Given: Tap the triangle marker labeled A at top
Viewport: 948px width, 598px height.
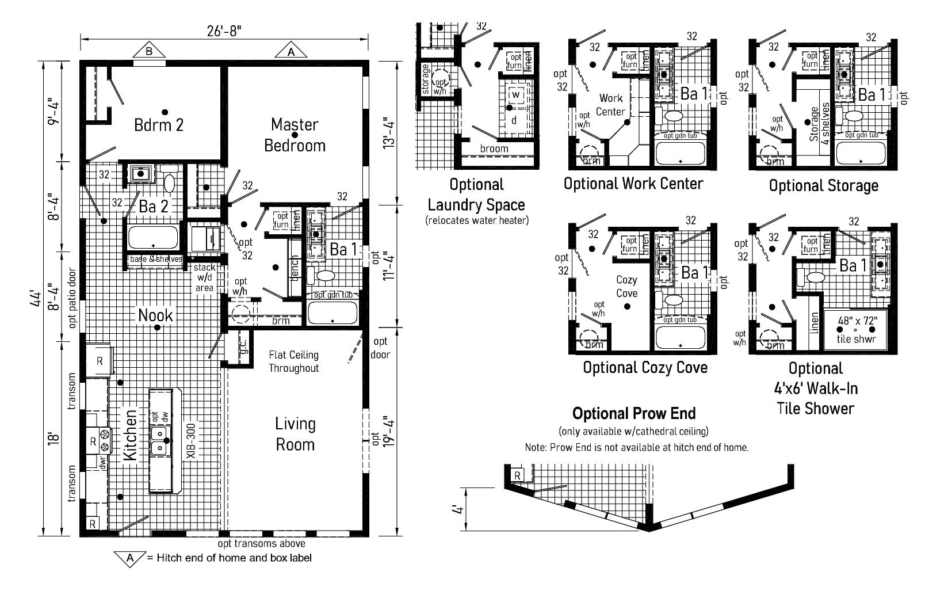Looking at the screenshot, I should click(290, 51).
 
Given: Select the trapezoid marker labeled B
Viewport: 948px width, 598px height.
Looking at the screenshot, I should click(149, 51).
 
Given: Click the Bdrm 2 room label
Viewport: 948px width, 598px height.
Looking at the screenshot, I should click(159, 124).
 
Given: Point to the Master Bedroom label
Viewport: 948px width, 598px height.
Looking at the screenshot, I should click(295, 135).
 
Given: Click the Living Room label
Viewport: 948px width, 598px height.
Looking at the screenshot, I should click(295, 434).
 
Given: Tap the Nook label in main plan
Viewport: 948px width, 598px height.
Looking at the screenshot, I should click(155, 315).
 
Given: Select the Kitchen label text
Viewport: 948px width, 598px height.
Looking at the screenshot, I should click(131, 434).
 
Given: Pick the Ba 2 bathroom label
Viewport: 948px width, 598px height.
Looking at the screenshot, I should click(154, 207).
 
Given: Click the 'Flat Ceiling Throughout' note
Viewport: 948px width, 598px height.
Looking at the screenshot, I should click(293, 361).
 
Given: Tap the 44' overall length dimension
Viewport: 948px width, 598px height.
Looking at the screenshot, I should click(36, 300).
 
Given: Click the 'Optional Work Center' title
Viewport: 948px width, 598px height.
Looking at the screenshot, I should click(633, 184).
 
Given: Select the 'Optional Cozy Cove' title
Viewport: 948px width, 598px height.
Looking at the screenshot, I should click(645, 367).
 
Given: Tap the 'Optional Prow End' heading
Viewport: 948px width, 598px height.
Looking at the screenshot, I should click(634, 413).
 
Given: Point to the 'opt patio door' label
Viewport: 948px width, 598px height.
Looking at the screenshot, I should click(72, 298).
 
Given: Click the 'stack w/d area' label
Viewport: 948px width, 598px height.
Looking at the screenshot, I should click(204, 277).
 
